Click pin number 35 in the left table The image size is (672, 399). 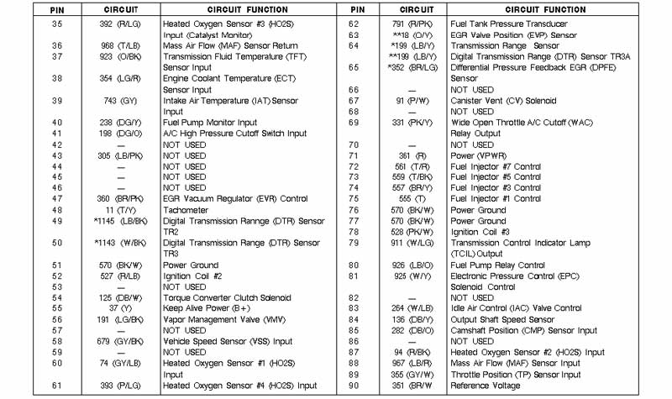point(57,24)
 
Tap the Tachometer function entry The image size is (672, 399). point(186,210)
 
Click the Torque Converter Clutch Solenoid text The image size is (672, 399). point(227,297)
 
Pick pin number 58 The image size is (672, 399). point(57,342)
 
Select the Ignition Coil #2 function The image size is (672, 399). point(192,276)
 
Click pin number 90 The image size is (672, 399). point(354,386)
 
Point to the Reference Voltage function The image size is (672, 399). point(486,386)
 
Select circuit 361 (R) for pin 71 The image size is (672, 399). point(406,155)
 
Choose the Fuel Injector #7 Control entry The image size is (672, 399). point(496,166)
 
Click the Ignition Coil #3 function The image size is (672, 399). point(480,232)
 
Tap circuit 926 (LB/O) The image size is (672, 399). point(406,265)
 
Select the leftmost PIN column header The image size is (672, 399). point(56,9)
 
